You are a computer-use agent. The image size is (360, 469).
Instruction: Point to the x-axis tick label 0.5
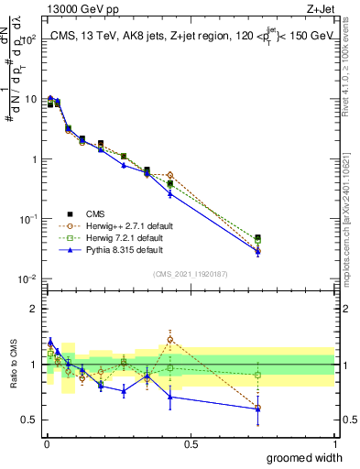point(191,444)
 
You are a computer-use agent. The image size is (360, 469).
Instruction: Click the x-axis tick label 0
point(47,444)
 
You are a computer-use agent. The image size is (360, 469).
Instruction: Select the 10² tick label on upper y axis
point(27,39)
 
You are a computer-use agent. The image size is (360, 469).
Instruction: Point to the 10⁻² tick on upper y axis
point(27,279)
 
